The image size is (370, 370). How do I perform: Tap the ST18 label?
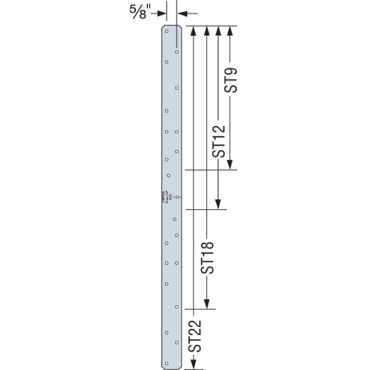coord(207,258)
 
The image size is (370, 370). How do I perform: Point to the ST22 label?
coord(196,337)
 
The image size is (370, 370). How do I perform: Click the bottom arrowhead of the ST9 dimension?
coord(231,166)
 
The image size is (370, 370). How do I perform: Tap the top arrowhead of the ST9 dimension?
coord(231,31)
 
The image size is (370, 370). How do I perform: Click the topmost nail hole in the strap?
coord(166,31)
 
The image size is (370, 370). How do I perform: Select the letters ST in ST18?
coord(207,268)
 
